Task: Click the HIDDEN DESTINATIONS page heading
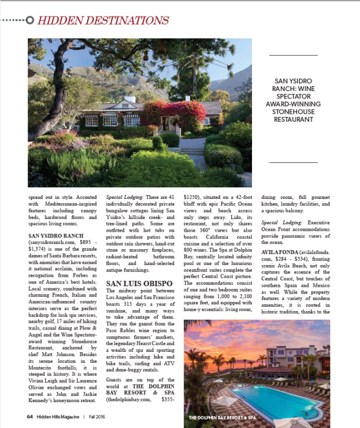click(103, 21)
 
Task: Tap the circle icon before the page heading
click(30, 21)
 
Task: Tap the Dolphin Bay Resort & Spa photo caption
click(223, 418)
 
